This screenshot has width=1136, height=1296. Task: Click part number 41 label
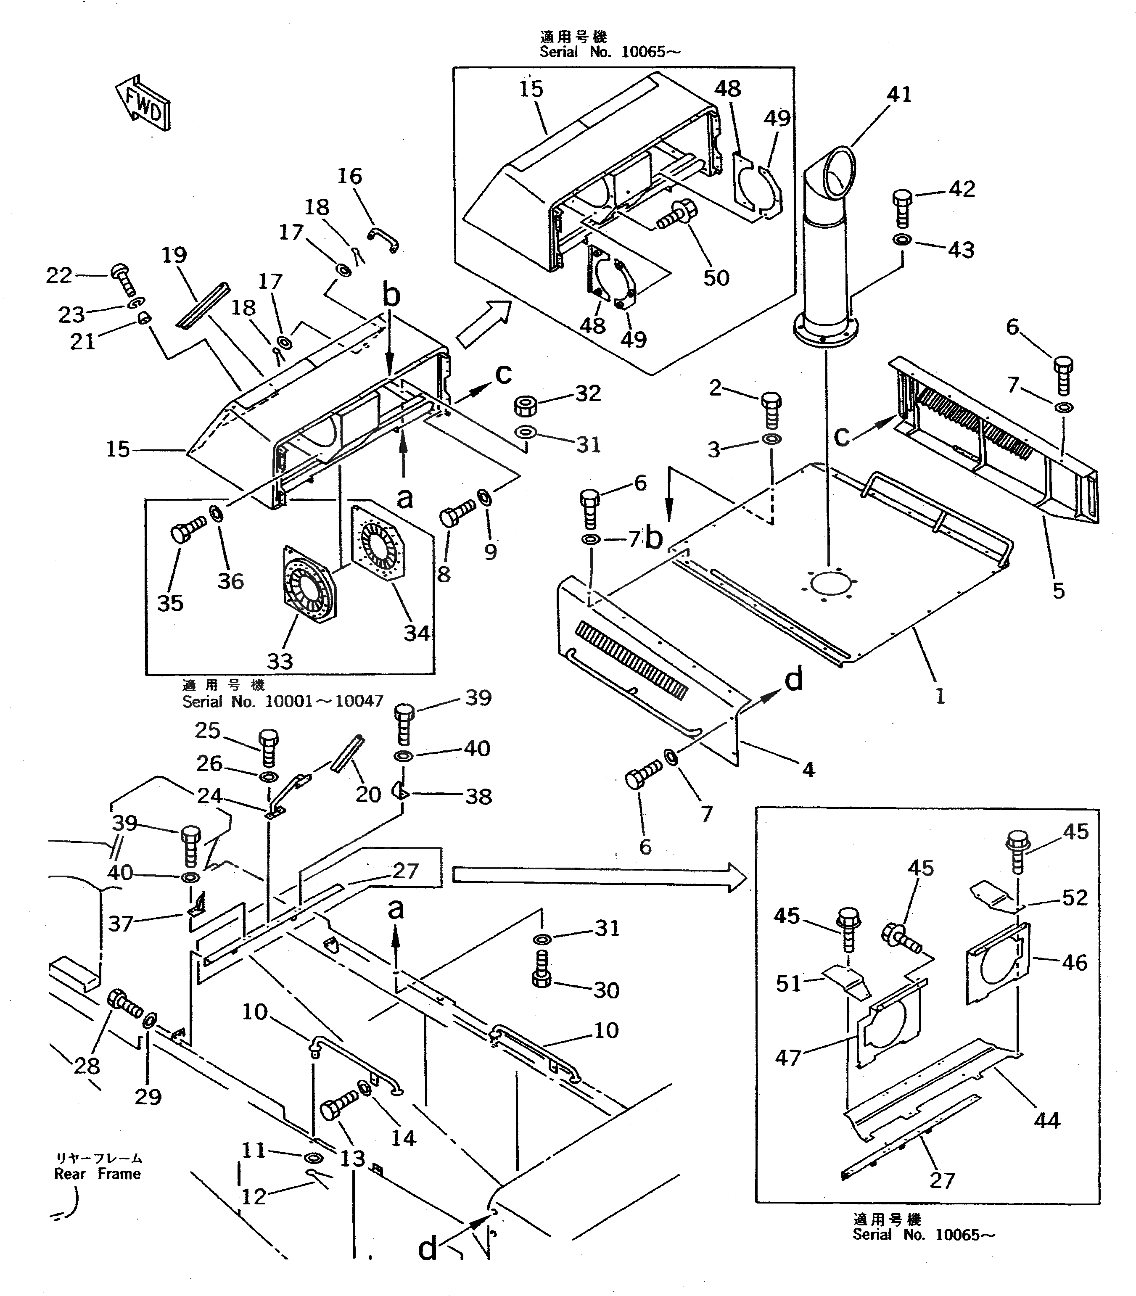pos(899,95)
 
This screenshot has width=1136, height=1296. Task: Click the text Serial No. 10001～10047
pos(283,701)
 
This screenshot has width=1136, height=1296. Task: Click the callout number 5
pos(1058,591)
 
